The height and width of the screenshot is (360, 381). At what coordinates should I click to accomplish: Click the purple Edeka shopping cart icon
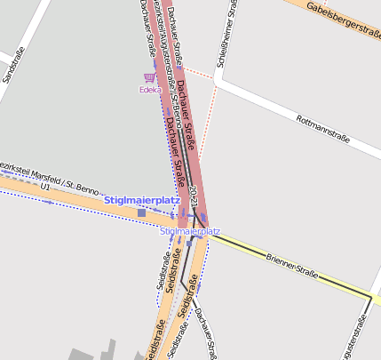click(148, 77)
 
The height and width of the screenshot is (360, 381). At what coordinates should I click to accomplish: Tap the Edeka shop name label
click(149, 90)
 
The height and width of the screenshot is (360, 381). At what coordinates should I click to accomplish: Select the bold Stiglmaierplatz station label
click(142, 200)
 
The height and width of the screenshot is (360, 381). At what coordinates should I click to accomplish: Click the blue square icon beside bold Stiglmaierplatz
click(141, 213)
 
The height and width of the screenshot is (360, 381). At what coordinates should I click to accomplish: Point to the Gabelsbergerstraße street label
click(343, 19)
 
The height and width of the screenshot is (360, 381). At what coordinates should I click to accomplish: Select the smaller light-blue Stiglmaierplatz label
click(190, 231)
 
